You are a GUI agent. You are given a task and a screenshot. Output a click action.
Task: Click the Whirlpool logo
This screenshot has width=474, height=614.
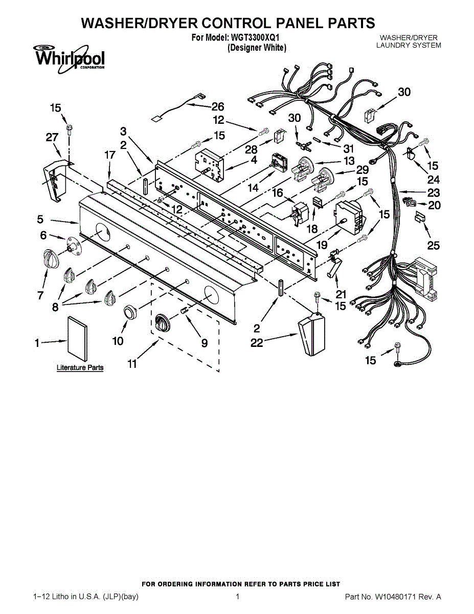click(x=69, y=58)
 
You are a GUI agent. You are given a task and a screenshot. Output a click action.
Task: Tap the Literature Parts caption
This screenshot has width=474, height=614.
click(x=80, y=367)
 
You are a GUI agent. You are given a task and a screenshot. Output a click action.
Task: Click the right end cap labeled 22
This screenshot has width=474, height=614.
click(x=310, y=335)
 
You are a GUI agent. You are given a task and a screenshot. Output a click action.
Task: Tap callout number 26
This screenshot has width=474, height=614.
click(x=218, y=106)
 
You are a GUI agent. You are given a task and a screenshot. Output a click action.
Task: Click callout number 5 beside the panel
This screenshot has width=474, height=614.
click(x=40, y=220)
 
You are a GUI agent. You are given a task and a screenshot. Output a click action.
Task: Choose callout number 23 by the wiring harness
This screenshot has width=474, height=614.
click(x=434, y=193)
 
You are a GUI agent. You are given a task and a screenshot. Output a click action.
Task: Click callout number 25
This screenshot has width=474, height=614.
click(x=433, y=246)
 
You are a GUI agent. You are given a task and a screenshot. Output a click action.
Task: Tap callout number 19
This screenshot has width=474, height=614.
click(x=322, y=245)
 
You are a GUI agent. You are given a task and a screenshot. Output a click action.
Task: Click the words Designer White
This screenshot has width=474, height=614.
click(x=257, y=48)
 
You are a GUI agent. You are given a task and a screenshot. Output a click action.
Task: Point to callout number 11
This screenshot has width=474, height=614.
click(x=132, y=364)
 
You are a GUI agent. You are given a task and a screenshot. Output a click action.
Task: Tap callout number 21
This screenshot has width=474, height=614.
click(x=341, y=294)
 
